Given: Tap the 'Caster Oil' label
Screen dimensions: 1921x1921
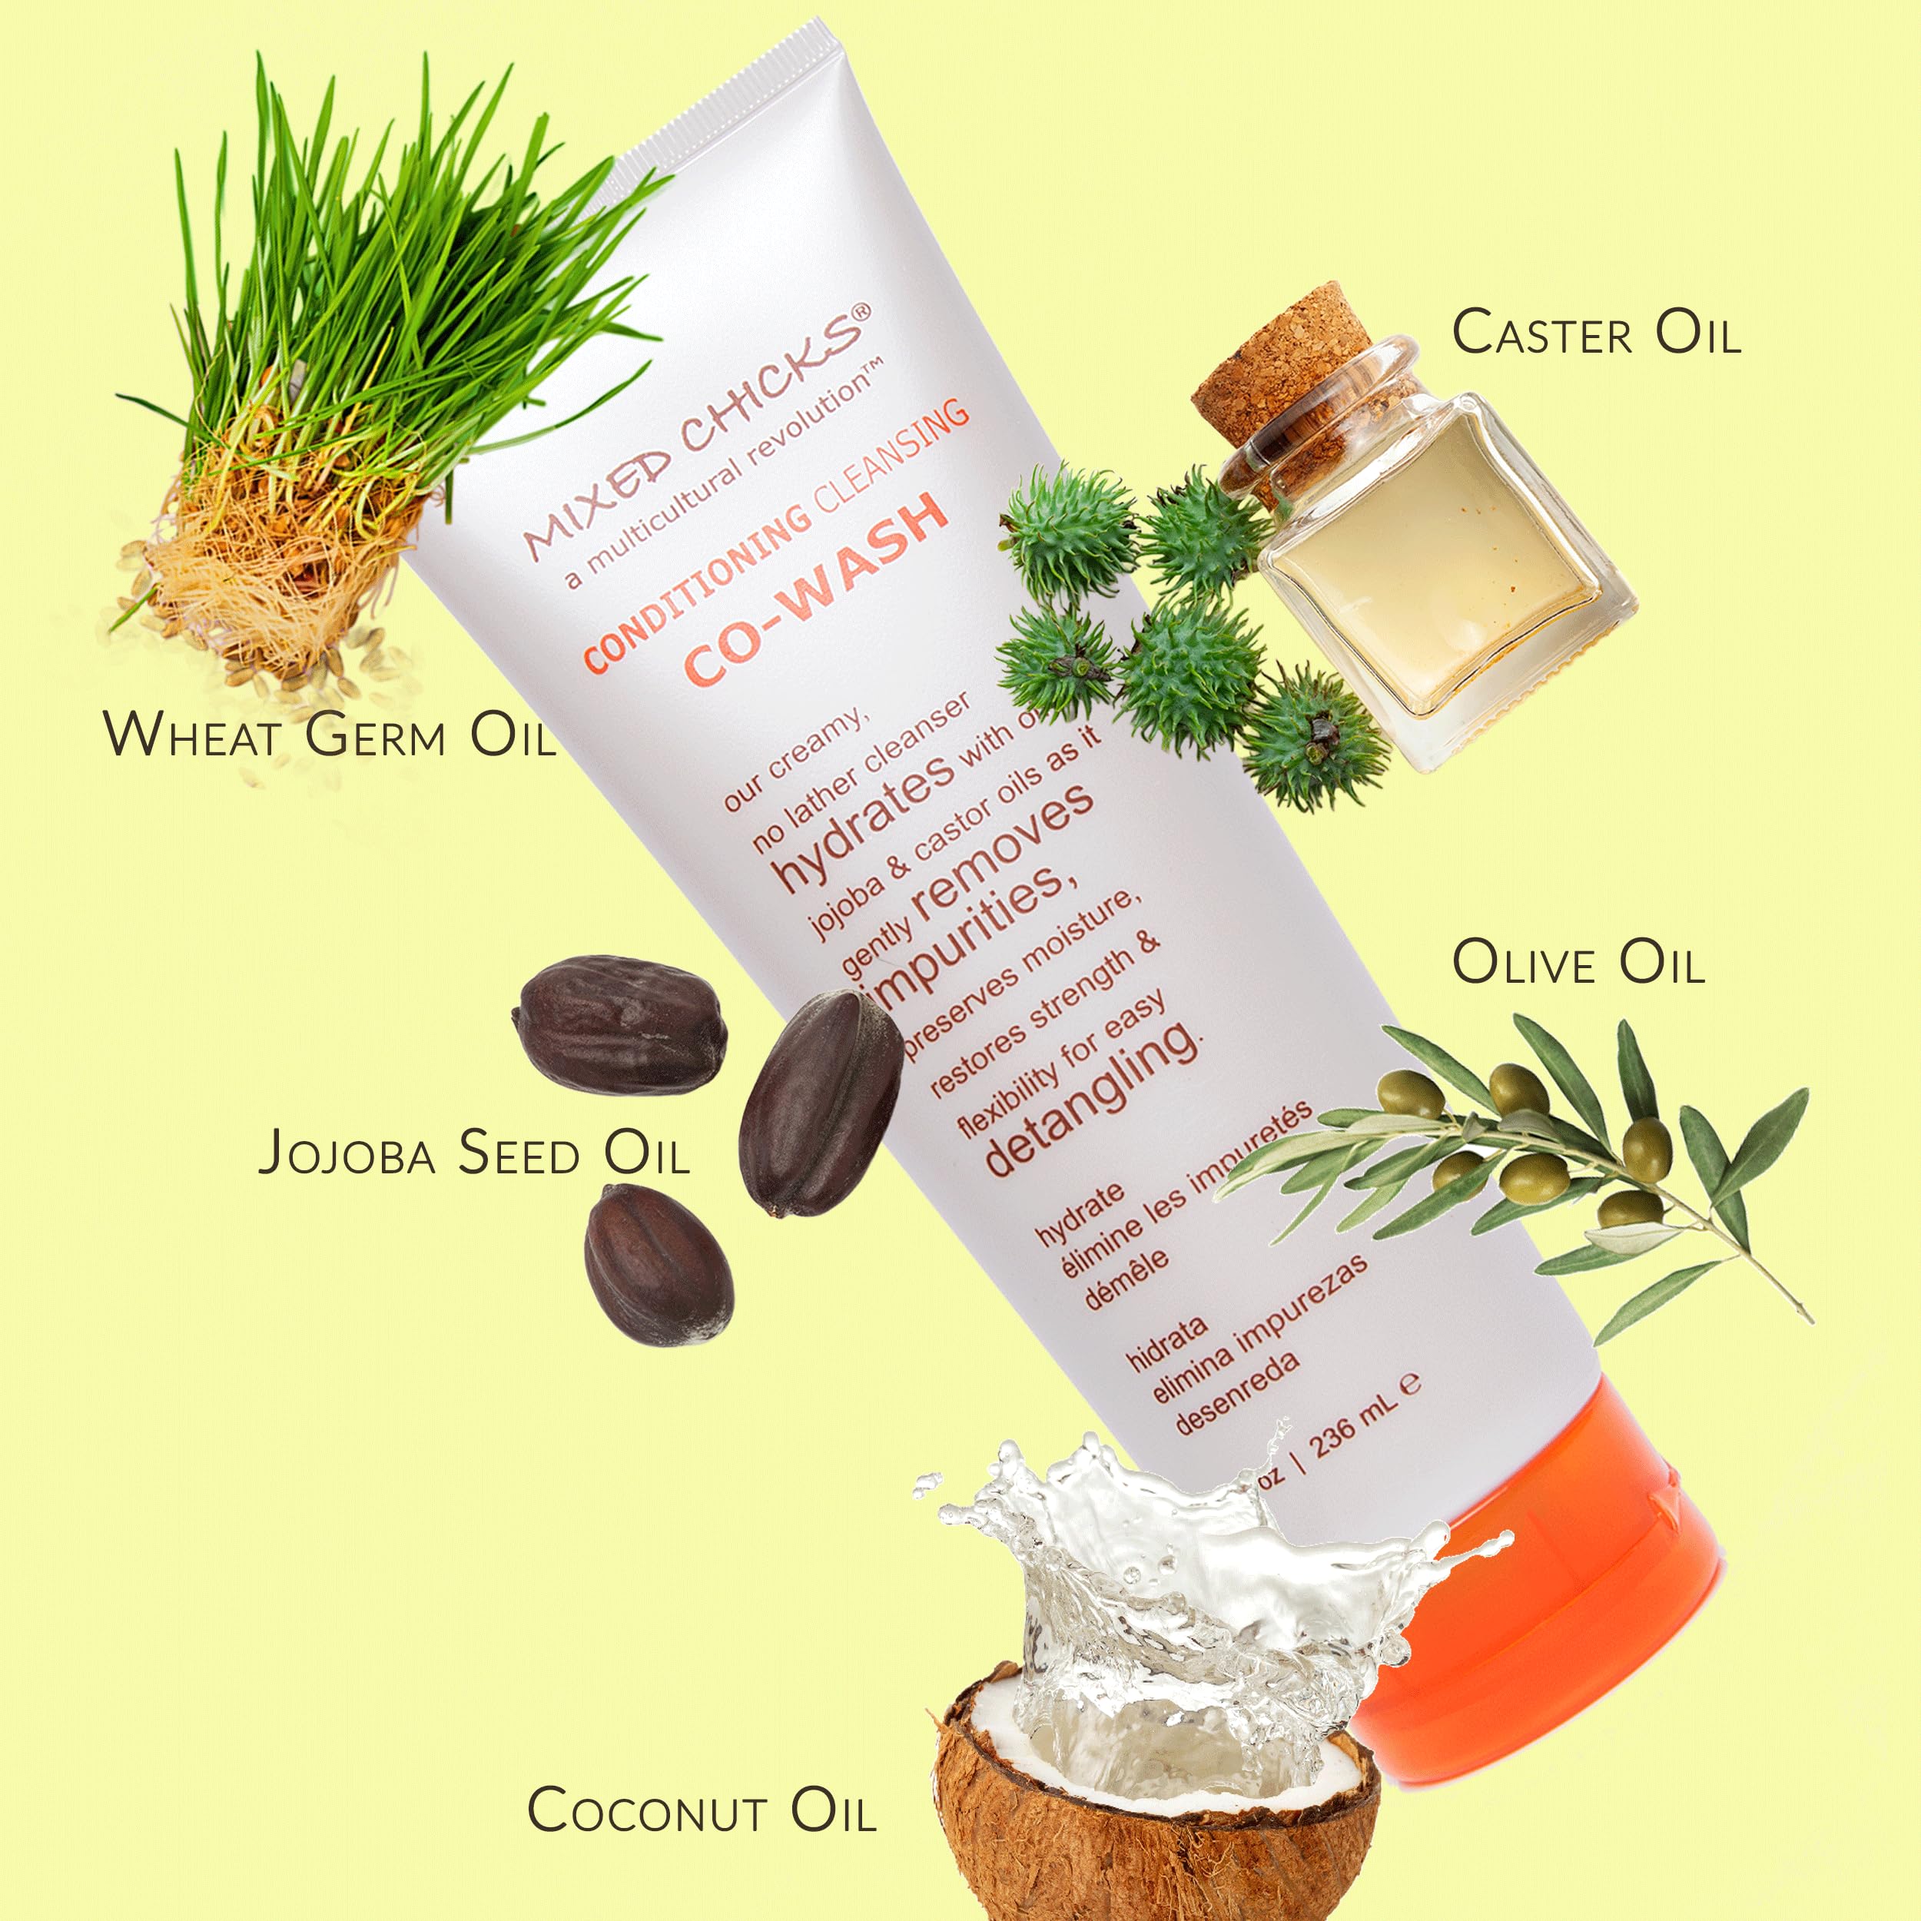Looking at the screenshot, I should pyautogui.click(x=1596, y=332).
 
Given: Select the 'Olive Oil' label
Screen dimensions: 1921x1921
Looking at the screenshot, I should pyautogui.click(x=1579, y=963).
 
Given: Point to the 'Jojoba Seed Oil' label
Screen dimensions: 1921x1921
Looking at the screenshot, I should pyautogui.click(x=473, y=1153).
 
